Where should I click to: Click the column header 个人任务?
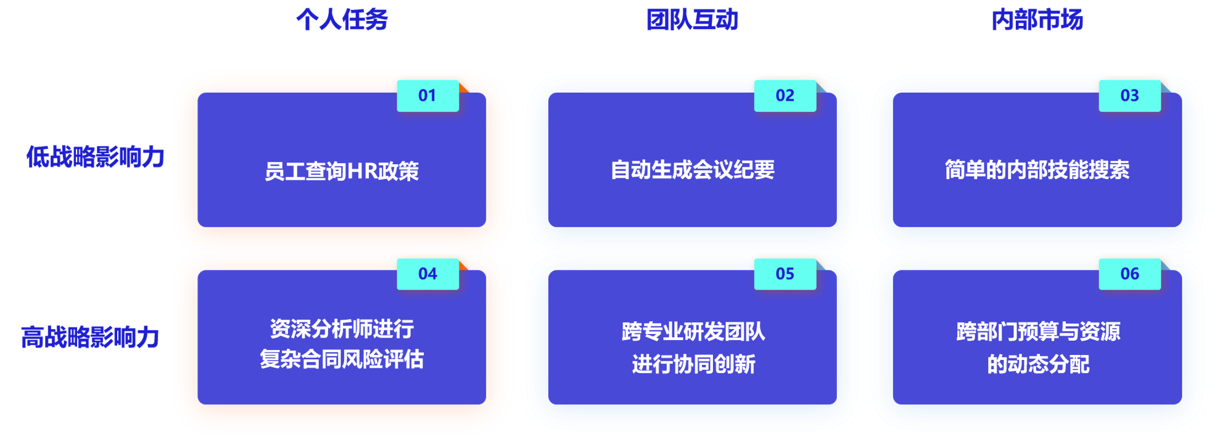pyautogui.click(x=342, y=20)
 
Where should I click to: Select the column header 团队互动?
pyautogui.click(x=692, y=20)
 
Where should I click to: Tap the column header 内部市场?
pyautogui.click(x=1037, y=20)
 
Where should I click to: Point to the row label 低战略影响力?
pyautogui.click(x=95, y=157)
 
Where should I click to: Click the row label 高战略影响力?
pyautogui.click(x=90, y=337)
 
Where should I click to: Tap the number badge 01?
pyautogui.click(x=427, y=96)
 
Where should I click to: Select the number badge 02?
pyautogui.click(x=785, y=96)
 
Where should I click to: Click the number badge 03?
pyautogui.click(x=1129, y=96)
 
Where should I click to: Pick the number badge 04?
pyautogui.click(x=427, y=274)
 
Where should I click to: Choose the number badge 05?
pyautogui.click(x=785, y=274)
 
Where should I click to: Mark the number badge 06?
pyautogui.click(x=1129, y=274)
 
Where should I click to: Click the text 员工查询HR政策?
pyautogui.click(x=342, y=171)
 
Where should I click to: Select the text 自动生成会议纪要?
pyautogui.click(x=692, y=170)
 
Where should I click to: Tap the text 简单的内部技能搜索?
pyautogui.click(x=1037, y=170)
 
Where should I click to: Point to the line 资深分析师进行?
pyautogui.click(x=342, y=329)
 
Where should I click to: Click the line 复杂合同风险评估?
pyautogui.click(x=342, y=359)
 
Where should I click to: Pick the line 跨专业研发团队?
pyautogui.click(x=693, y=332)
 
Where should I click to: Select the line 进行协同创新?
pyautogui.click(x=693, y=364)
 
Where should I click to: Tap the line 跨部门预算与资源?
pyautogui.click(x=1038, y=332)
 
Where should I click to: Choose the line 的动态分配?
pyautogui.click(x=1038, y=364)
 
